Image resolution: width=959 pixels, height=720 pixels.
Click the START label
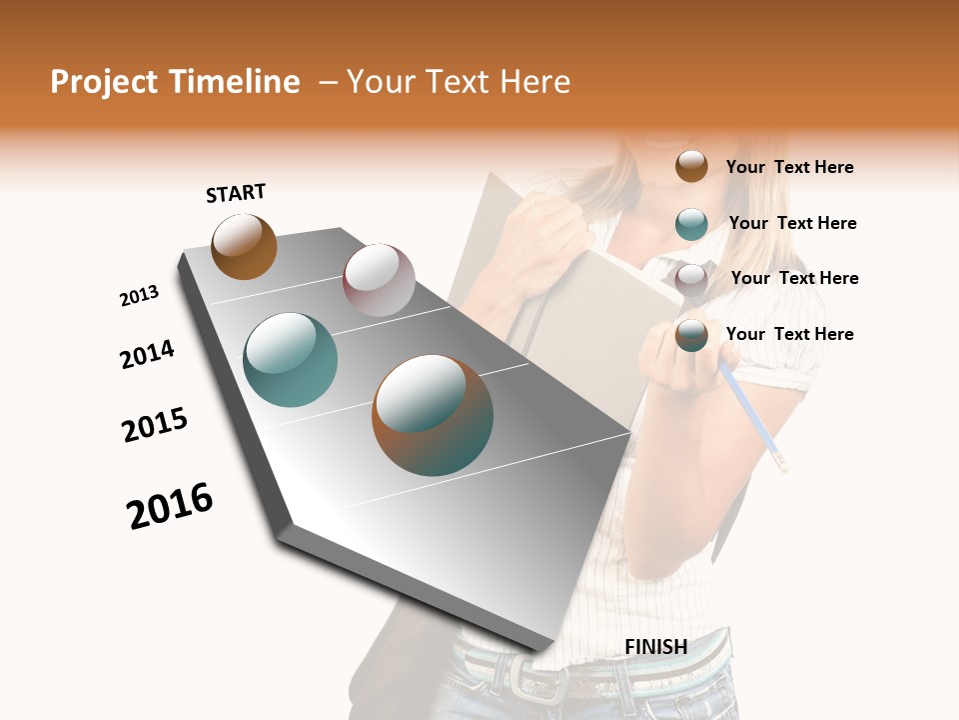[237, 193]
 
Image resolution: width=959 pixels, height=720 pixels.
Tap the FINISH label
[655, 647]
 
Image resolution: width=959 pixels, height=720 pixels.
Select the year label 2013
[140, 296]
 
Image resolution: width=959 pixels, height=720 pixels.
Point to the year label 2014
[147, 354]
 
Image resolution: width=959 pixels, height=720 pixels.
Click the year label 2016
[170, 506]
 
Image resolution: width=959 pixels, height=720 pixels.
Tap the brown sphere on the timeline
[244, 246]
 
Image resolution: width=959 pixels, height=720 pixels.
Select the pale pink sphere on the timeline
[379, 280]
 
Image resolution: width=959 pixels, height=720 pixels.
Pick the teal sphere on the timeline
[291, 360]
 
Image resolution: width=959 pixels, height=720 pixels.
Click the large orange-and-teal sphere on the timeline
[433, 415]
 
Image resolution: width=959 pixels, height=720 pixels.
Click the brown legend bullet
[691, 166]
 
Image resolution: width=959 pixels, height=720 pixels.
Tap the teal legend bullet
[691, 224]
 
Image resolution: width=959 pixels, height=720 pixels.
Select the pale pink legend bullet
[691, 279]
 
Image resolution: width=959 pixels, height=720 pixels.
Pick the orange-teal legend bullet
[691, 335]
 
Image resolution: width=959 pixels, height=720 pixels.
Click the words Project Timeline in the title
[175, 82]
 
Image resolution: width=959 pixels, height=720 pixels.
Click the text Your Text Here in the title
[459, 82]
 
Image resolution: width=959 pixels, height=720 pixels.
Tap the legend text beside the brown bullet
[789, 167]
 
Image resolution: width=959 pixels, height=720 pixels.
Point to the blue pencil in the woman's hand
[754, 415]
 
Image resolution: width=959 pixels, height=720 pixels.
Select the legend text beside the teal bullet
[792, 223]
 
